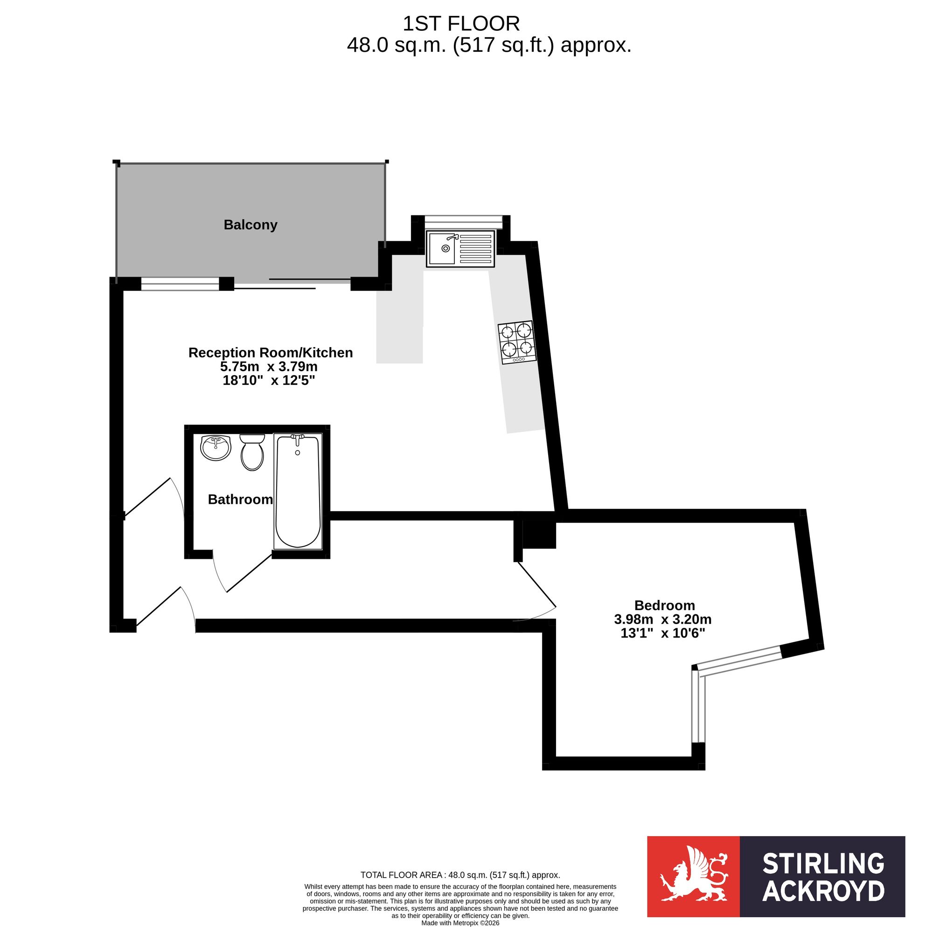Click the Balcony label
tap(250, 225)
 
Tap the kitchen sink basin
tap(442, 248)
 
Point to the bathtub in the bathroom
tap(298, 491)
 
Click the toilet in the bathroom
tap(252, 452)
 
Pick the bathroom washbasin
tap(216, 447)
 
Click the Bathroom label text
tap(241, 500)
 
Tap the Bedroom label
tap(664, 605)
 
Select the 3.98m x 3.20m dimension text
tap(662, 618)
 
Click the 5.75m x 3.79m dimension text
tap(269, 366)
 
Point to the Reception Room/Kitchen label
tap(271, 353)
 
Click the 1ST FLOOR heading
tap(461, 23)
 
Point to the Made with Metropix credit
tap(460, 923)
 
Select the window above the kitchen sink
tap(464, 221)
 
